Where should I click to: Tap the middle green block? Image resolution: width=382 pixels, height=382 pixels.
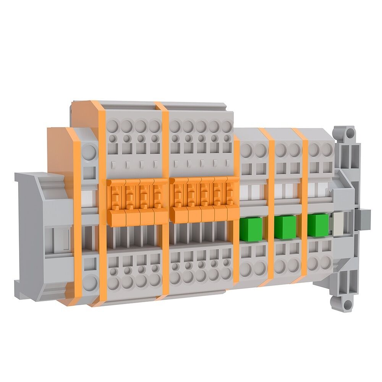coord(285,227)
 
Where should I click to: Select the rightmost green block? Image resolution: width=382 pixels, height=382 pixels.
coord(318,225)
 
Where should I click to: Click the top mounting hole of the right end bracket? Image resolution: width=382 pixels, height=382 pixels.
coord(348,133)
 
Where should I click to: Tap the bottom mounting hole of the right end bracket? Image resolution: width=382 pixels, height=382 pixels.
coord(347,304)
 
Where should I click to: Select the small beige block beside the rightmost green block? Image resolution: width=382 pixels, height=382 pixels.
coord(338,224)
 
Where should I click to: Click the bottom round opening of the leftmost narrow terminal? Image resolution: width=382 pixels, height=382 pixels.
coord(90,283)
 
